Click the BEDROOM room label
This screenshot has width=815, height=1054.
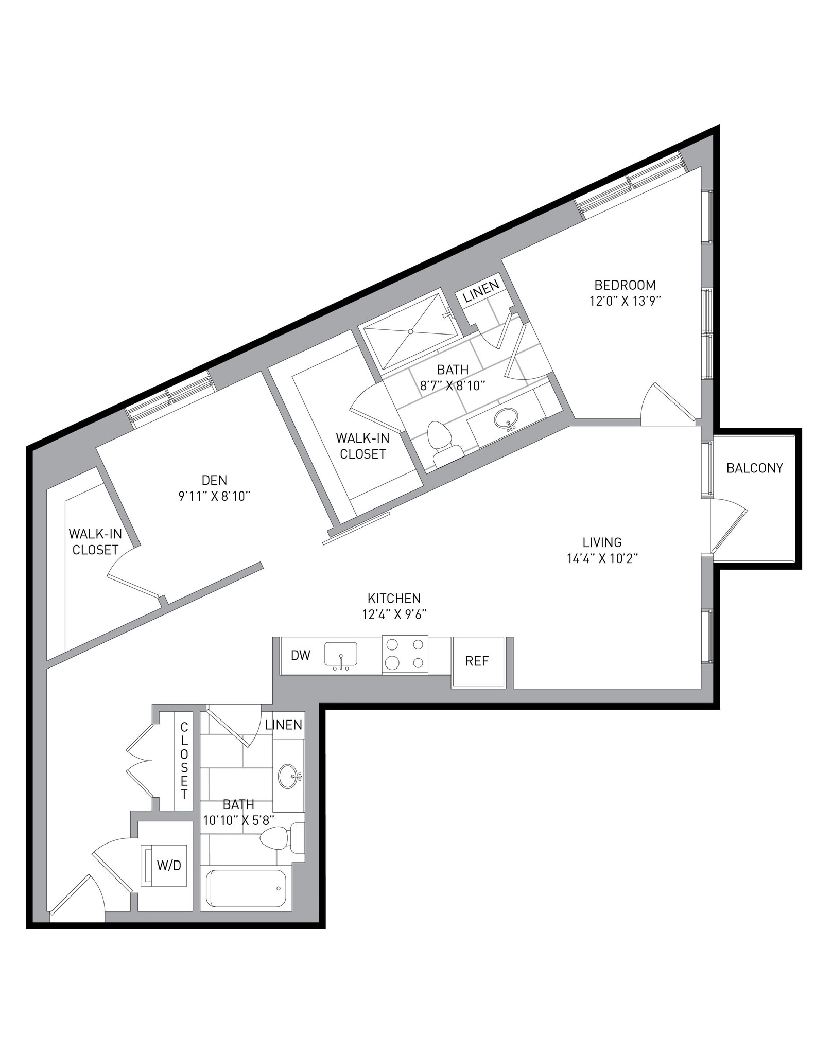tap(625, 285)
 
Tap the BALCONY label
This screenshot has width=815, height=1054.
tap(754, 468)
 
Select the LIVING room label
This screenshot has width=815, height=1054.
tap(602, 542)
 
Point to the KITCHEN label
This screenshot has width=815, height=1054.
tap(394, 598)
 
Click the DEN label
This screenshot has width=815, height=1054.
tap(214, 480)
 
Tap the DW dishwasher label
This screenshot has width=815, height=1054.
tap(301, 655)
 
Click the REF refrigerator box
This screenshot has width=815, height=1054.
tap(477, 661)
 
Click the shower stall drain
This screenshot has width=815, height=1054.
tap(410, 331)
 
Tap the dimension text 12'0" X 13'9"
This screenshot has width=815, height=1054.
tap(625, 301)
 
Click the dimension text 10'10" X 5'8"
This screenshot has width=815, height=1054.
tap(238, 820)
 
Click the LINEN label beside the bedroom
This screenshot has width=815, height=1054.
tap(481, 291)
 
